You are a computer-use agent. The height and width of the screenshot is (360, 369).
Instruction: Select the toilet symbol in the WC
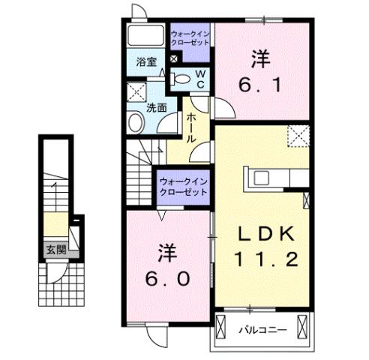(181, 77)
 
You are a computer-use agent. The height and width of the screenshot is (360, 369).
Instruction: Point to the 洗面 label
(157, 106)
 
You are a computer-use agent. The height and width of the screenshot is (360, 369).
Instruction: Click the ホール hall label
(190, 127)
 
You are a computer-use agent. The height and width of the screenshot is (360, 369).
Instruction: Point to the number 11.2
(264, 260)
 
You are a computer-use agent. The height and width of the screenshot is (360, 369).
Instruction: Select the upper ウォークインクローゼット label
(191, 38)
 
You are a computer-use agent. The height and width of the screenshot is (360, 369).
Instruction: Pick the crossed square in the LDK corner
(299, 136)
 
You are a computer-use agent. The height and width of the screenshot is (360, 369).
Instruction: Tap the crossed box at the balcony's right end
(301, 328)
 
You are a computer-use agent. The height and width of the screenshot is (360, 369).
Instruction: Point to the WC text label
(201, 78)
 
